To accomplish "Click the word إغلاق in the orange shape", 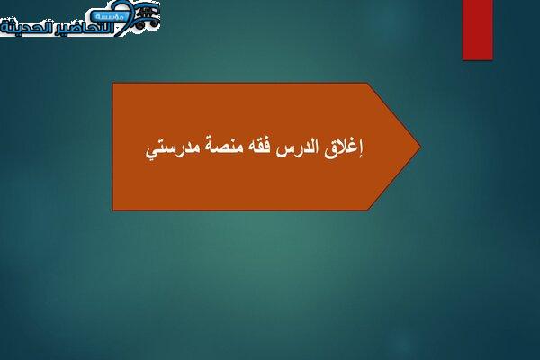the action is [x=344, y=149].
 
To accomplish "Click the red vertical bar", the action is [x=478, y=30].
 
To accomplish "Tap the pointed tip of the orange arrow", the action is [x=420, y=147].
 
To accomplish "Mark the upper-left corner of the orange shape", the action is [x=113, y=83].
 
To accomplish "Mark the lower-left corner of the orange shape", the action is [x=113, y=210].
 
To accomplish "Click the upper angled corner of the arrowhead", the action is [x=368, y=83].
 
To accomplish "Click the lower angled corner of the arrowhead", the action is [x=368, y=210].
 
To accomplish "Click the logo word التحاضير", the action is [x=87, y=28].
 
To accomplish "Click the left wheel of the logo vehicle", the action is [x=139, y=24].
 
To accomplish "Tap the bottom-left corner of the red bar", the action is [x=463, y=60].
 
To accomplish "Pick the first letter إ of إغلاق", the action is [x=361, y=149].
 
